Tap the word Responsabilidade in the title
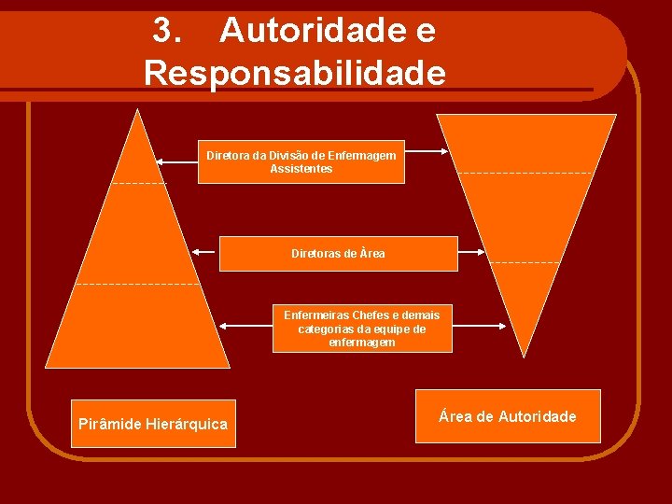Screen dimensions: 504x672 [x=295, y=72]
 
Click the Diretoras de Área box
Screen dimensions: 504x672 [x=338, y=254]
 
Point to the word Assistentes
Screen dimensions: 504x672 [x=301, y=169]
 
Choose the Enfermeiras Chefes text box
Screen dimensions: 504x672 [x=362, y=329]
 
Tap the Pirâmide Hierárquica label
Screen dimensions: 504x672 [x=153, y=424]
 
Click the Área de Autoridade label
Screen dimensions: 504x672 [x=508, y=416]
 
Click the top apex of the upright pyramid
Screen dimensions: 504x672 [x=138, y=111]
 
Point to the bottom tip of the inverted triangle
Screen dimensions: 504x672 [x=525, y=356]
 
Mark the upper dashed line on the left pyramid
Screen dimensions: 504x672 [x=138, y=183]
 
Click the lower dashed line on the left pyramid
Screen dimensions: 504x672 [x=138, y=283]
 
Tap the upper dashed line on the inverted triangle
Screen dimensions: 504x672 [x=525, y=173]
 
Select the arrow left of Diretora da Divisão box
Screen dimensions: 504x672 [x=176, y=161]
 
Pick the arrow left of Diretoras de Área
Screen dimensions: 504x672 [x=204, y=251]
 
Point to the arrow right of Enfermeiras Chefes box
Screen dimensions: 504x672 [x=479, y=327]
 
